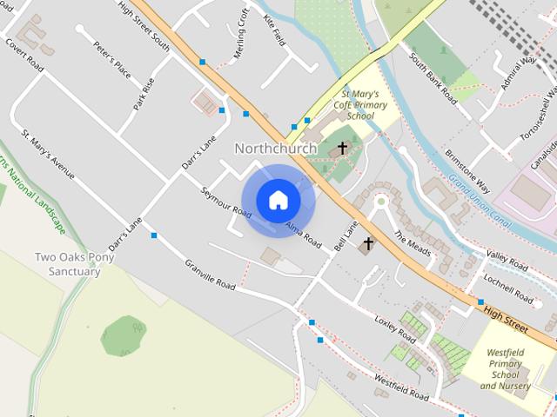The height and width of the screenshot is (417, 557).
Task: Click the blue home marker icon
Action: (x=278, y=200)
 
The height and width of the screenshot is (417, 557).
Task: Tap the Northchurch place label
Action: (x=275, y=149)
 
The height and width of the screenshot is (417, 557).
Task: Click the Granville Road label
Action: (x=210, y=274)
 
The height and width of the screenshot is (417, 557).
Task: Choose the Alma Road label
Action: (x=303, y=228)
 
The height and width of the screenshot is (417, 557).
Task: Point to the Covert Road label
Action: (x=23, y=54)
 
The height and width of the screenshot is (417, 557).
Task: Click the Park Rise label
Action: (x=144, y=94)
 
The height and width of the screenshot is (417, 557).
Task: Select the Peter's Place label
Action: (x=111, y=60)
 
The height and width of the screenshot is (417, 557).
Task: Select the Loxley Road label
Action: (x=395, y=328)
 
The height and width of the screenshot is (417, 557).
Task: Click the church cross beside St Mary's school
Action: (x=343, y=149)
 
